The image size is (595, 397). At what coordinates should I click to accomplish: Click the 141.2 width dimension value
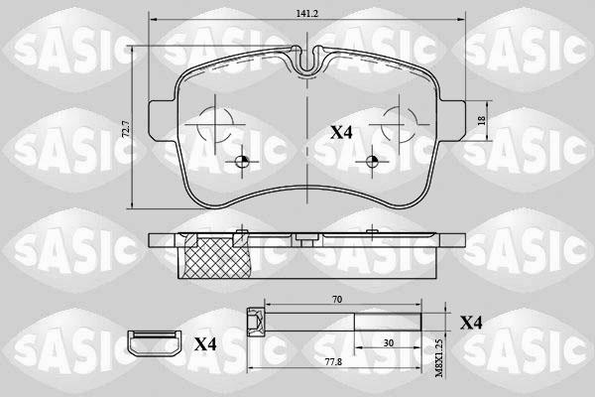(306, 14)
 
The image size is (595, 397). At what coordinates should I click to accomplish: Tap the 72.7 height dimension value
(126, 129)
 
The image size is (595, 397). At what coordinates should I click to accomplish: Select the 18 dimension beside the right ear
(482, 120)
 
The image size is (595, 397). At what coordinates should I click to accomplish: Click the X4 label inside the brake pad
(341, 133)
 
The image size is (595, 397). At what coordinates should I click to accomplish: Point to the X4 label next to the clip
(205, 344)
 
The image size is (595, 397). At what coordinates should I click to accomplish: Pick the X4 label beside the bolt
(471, 323)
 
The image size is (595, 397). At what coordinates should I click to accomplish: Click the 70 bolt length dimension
(337, 300)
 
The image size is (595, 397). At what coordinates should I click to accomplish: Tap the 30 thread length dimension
(388, 343)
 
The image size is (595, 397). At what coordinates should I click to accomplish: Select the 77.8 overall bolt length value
(334, 362)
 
